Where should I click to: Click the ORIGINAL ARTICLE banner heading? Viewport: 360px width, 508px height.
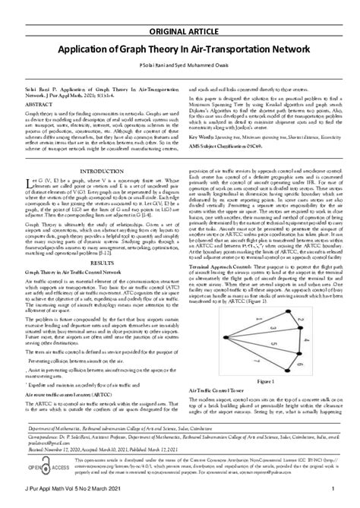click(180, 11)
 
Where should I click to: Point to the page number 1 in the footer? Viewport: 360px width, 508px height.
click(344, 499)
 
